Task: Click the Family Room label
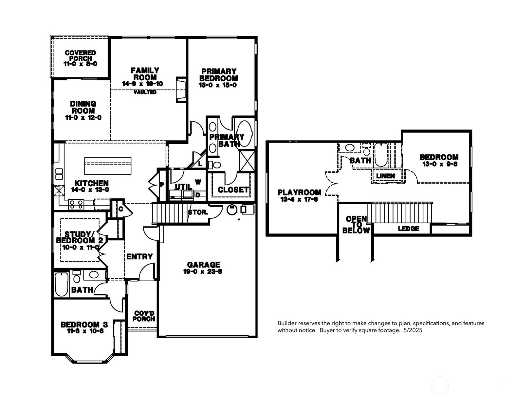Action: coord(145,74)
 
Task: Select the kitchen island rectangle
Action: coord(108,166)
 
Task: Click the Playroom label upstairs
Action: coord(299,192)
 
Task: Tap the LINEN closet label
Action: coord(385,176)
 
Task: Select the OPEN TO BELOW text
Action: coord(356,225)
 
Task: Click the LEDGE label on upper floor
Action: coord(408,229)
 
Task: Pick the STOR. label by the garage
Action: coord(198,212)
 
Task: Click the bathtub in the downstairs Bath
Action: coord(62,284)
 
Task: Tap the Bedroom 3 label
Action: coord(84,325)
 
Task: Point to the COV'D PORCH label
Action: coord(144,316)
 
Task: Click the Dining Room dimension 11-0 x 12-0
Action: coord(83,118)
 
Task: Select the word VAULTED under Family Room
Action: coord(145,92)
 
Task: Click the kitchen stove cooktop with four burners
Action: coord(76,205)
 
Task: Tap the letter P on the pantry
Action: coord(162,185)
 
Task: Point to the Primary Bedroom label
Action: coord(218,75)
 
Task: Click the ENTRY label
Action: coord(139,256)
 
